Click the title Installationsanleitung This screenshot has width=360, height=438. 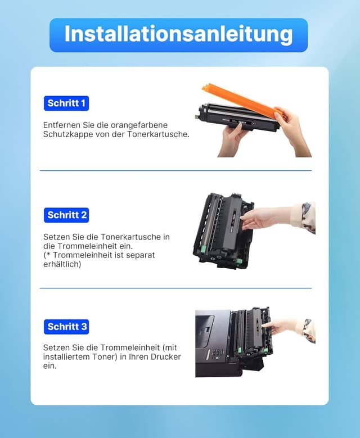179,34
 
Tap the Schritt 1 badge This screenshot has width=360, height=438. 66,103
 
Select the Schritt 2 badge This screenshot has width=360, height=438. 66,215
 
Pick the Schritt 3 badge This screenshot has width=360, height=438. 66,327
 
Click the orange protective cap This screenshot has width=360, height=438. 244,102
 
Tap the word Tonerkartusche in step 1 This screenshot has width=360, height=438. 158,134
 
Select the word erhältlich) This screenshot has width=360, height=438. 62,264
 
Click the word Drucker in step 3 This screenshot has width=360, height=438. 166,356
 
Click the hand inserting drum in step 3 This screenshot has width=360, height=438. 280,326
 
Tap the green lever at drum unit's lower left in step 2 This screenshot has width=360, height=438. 204,248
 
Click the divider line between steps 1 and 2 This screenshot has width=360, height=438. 175,170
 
